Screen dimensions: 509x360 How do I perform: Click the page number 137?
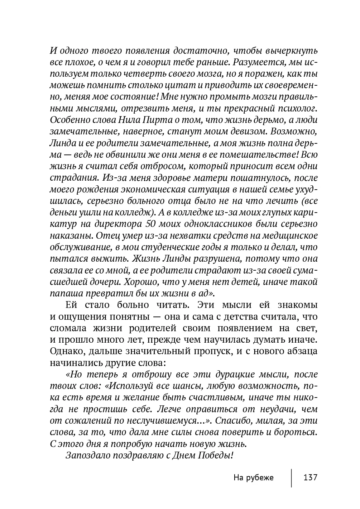[310, 477]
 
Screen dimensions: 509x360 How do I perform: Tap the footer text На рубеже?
[253, 477]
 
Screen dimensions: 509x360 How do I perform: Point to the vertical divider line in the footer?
[291, 477]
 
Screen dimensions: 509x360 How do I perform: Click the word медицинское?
[289, 236]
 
